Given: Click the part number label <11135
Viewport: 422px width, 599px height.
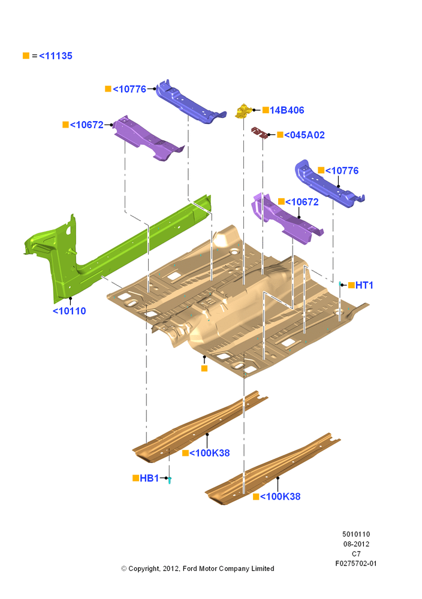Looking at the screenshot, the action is (55, 56).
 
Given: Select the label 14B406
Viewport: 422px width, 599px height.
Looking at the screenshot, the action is (287, 110).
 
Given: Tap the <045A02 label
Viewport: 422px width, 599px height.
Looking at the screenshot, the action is (305, 135).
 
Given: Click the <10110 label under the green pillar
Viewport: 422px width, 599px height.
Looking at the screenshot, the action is (69, 311).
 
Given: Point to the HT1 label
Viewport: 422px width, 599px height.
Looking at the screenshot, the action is (364, 285).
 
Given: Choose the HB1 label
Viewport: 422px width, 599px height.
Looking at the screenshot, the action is (149, 478).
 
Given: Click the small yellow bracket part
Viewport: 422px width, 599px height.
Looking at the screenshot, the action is (243, 111).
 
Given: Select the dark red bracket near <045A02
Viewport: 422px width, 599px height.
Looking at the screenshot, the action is (259, 132).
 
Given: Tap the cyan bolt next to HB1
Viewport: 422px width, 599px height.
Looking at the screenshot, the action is (170, 480).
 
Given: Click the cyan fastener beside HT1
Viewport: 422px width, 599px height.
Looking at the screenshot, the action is (340, 283).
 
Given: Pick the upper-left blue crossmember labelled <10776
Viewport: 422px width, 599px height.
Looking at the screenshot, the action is (190, 102).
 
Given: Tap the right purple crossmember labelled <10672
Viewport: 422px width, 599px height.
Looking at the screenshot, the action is (286, 219).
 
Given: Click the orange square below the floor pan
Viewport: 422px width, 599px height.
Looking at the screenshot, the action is (204, 368).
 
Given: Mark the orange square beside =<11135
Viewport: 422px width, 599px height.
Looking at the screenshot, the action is (26, 56).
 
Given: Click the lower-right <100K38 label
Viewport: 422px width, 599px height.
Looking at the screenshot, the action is (280, 497).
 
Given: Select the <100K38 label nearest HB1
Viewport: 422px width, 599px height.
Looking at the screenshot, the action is (209, 453).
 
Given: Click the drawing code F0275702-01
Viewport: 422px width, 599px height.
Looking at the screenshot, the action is (356, 564).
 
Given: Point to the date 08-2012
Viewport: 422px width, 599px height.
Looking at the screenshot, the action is (356, 544).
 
